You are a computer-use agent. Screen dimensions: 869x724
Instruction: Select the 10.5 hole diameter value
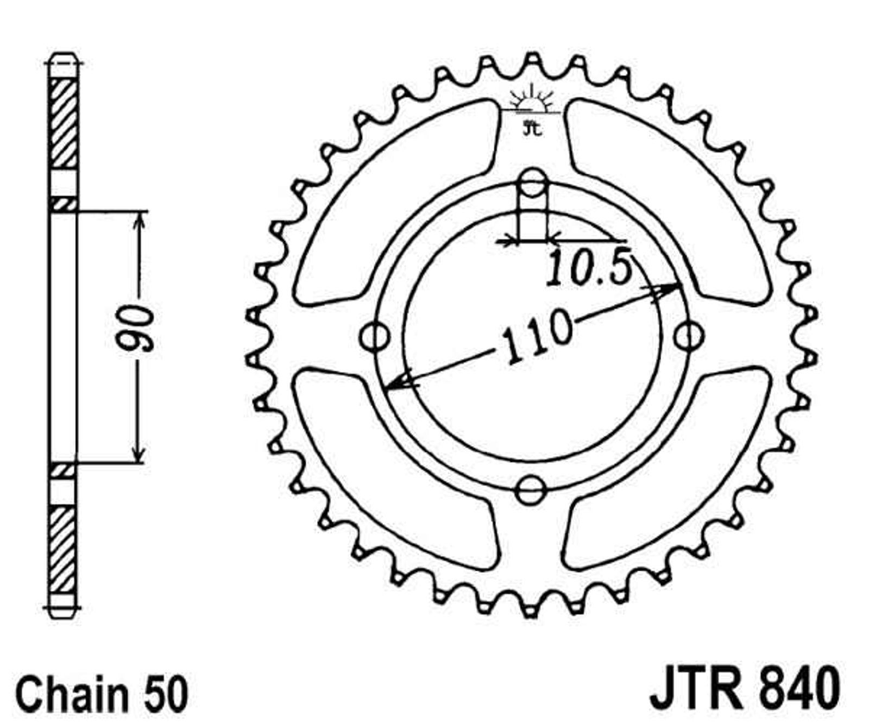(589, 267)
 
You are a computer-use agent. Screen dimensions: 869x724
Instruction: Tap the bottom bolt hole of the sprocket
(531, 490)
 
